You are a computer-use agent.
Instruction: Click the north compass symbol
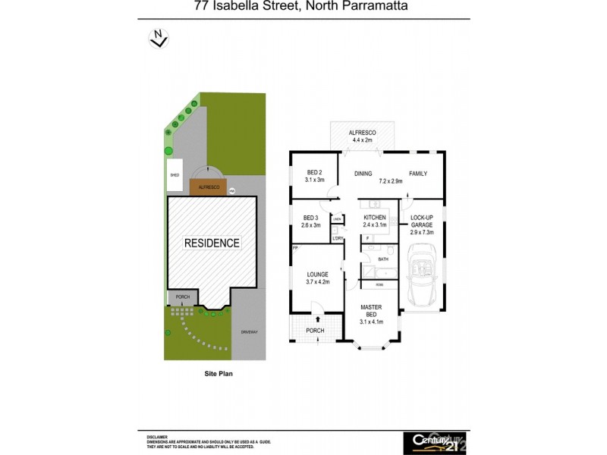[159, 38]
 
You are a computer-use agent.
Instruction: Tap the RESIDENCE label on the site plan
[212, 243]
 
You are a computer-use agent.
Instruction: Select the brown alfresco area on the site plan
[209, 187]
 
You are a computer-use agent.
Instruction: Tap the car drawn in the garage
[423, 278]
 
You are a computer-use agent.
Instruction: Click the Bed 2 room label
[315, 177]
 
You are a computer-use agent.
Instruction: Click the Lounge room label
[317, 278]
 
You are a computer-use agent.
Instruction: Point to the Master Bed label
[372, 314]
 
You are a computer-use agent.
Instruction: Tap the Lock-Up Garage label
[422, 225]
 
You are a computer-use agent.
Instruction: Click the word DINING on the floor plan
[363, 174]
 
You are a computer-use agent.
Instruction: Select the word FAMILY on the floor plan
[418, 174]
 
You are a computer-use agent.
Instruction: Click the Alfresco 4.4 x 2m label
[362, 136]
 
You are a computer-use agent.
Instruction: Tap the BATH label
[383, 259]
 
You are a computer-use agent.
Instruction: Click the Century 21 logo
[435, 441]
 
